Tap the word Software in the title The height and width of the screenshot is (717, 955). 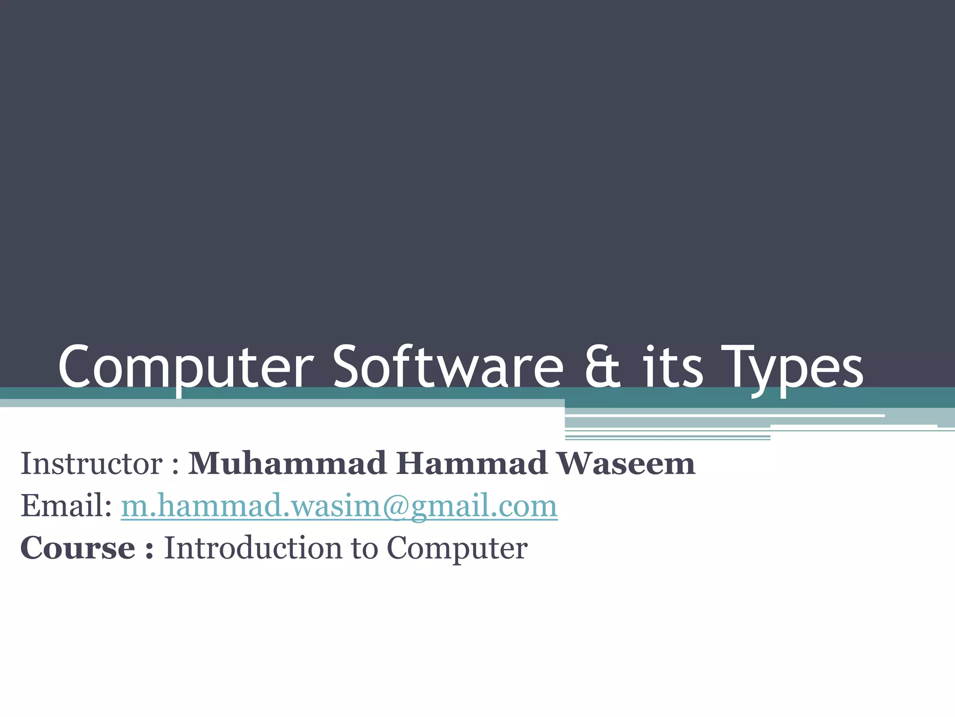pos(448,367)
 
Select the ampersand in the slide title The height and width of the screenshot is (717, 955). pos(603,367)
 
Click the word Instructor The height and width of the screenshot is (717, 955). pos(91,464)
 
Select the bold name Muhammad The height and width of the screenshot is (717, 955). pos(287,464)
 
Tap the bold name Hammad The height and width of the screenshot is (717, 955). pos(471,464)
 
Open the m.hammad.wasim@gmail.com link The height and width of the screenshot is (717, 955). pos(339,506)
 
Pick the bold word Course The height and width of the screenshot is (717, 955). pos(77,548)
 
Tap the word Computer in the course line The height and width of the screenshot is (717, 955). pos(457,548)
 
